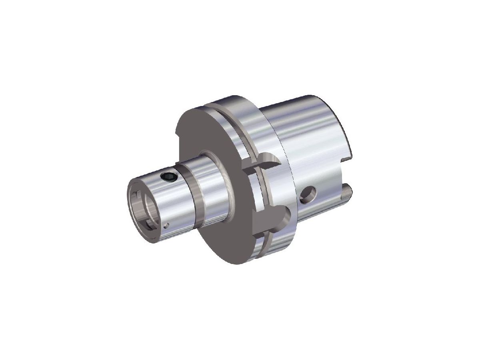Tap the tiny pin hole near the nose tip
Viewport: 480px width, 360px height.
point(168,224)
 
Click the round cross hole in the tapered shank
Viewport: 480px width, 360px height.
point(308,194)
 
